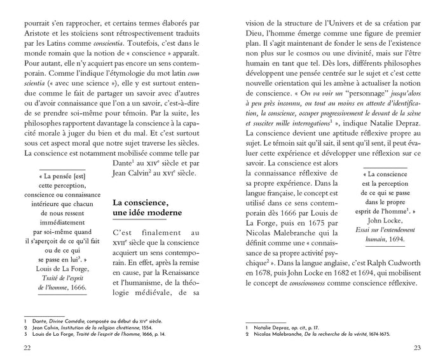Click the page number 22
pyautogui.click(x=27, y=347)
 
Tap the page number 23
pyautogui.click(x=417, y=347)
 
